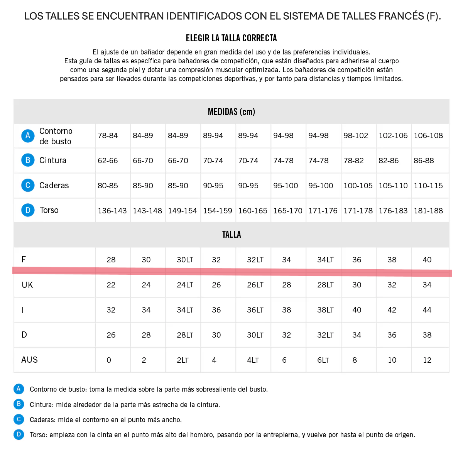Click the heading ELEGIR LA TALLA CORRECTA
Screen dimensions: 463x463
point(231,38)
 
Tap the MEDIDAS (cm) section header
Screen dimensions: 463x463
point(231,112)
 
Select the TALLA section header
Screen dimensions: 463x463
point(231,235)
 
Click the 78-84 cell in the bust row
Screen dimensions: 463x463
point(108,136)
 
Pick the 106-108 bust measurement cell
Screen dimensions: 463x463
point(428,136)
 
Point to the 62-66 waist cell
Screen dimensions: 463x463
point(108,161)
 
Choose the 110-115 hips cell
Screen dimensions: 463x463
point(428,186)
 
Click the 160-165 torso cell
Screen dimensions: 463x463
point(253,211)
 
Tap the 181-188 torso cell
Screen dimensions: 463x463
point(428,211)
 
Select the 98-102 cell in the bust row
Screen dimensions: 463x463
point(356,136)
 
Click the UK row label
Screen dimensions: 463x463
point(27,285)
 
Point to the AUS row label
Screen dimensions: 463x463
point(29,360)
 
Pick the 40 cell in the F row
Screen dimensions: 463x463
point(427,260)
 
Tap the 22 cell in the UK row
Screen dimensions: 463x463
point(111,285)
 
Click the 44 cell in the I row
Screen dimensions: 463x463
point(427,310)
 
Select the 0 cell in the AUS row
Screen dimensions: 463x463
point(109,360)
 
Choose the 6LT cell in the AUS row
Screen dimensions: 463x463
point(323,360)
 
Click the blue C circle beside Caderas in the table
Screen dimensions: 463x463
point(28,186)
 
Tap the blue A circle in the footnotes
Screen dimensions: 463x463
point(19,389)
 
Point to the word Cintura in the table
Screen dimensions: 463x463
point(53,161)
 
